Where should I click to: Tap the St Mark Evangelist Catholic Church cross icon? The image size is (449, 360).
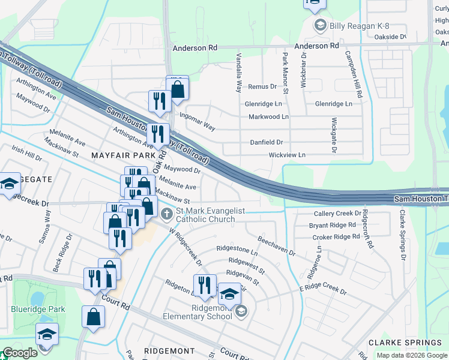[166, 211]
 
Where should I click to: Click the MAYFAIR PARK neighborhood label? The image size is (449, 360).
[119, 155]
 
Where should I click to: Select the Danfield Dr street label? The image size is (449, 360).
[267, 142]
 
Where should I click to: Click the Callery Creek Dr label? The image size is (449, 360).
[338, 214]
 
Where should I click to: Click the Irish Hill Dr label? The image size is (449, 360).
[27, 157]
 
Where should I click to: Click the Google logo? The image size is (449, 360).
[20, 353]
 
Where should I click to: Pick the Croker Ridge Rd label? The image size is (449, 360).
[331, 236]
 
